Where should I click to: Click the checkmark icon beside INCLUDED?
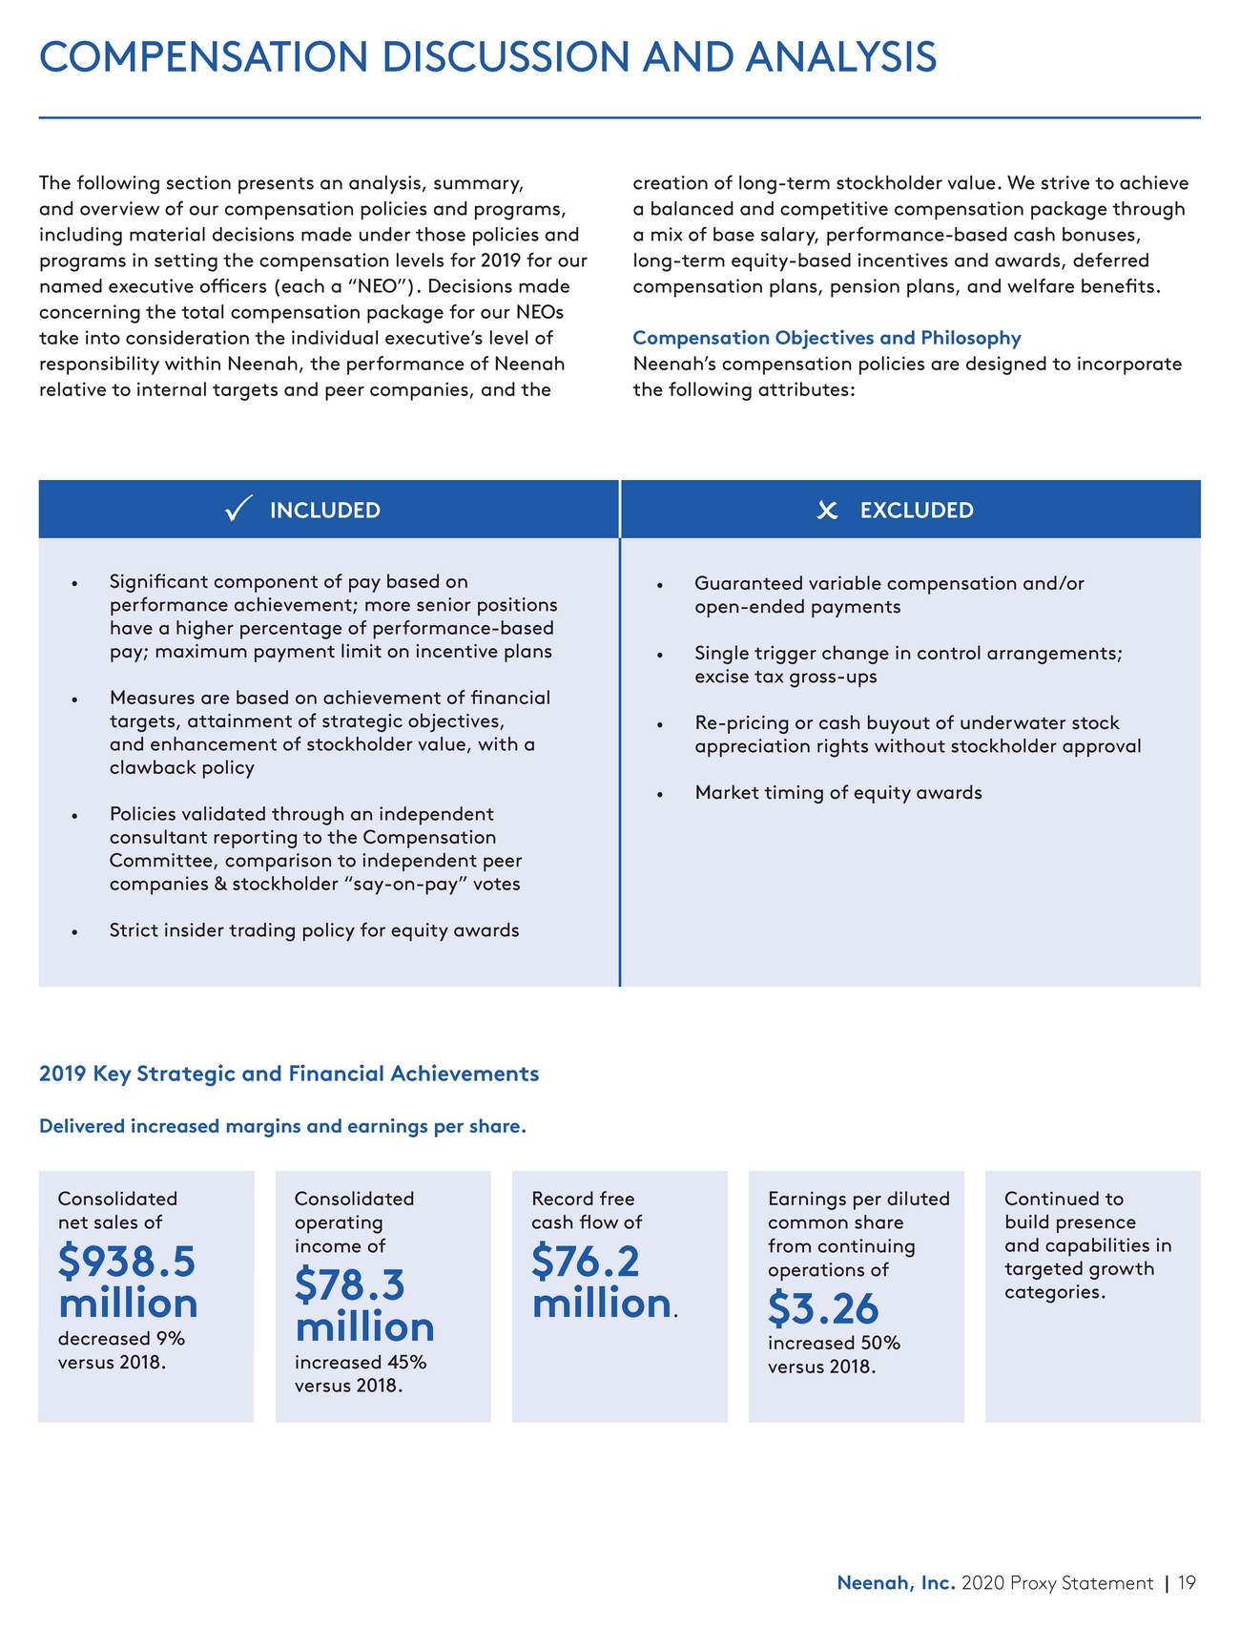click(238, 509)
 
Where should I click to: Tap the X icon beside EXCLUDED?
click(827, 511)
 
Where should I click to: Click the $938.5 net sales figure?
click(127, 1262)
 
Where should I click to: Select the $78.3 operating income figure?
click(350, 1284)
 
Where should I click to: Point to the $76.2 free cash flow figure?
click(586, 1262)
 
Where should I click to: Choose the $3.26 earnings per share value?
click(823, 1308)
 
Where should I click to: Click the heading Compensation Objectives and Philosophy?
click(827, 338)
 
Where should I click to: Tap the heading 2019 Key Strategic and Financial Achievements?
click(289, 1074)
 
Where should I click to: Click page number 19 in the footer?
click(1187, 1583)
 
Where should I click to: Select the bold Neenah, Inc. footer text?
click(896, 1583)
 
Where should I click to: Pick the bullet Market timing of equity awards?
click(838, 792)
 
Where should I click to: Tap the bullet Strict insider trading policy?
click(315, 929)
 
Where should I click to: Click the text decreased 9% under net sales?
click(122, 1338)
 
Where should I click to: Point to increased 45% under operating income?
click(361, 1362)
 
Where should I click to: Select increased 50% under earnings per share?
click(834, 1343)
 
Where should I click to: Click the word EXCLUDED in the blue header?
click(917, 511)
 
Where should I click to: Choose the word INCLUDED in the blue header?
click(325, 511)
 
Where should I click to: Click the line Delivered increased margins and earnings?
click(282, 1126)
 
